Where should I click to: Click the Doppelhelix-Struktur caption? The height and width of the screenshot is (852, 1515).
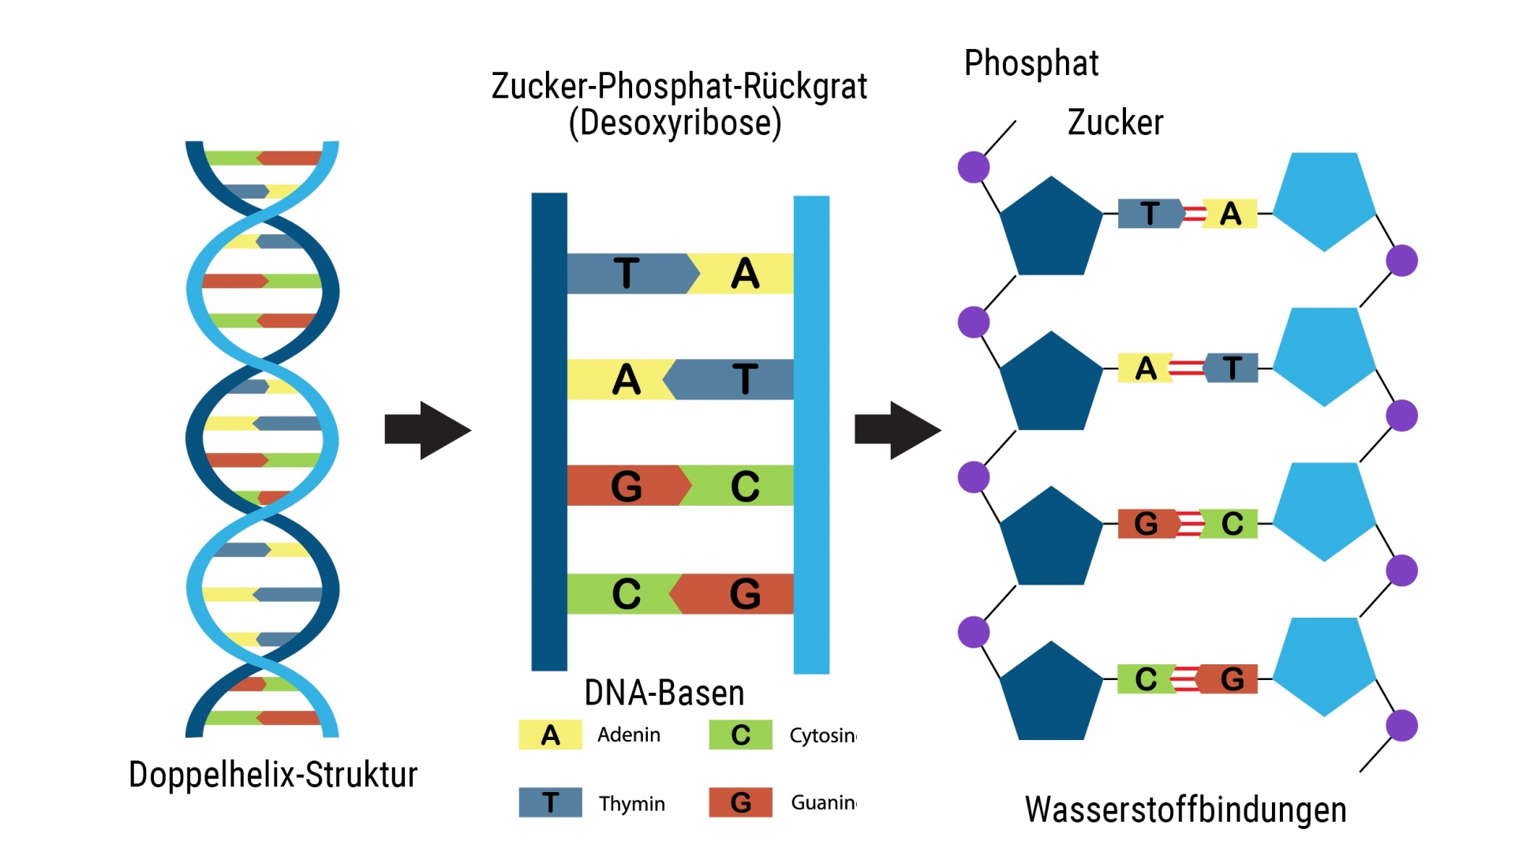coord(273,775)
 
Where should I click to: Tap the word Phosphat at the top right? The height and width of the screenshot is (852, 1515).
coord(1031,63)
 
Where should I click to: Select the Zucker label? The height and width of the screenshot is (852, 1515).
coord(1115,122)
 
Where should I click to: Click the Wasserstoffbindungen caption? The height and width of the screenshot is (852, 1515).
coord(1185,809)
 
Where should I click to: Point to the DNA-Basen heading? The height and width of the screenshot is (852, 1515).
coord(664,693)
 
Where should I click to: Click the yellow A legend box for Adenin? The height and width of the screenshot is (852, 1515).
coord(550,735)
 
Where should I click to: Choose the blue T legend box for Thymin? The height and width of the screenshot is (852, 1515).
coord(550,802)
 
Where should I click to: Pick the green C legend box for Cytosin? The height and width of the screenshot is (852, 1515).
coord(740,735)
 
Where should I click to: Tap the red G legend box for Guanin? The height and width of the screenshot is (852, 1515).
coord(740,802)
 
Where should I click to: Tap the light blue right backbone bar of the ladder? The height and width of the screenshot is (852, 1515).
coord(811,434)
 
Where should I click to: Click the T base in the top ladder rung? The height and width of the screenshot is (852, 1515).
coord(627,274)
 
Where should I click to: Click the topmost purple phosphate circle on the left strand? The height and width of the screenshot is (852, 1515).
coord(974,167)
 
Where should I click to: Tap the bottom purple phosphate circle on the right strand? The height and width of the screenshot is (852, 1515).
coord(1402,726)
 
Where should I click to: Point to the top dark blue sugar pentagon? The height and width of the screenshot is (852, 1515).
coord(1050,229)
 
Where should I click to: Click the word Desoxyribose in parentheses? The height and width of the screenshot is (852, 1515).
coord(675,123)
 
